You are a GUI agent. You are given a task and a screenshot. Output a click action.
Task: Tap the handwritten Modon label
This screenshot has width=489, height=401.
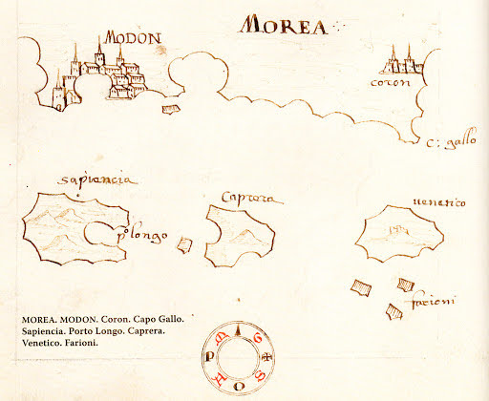click(132, 37)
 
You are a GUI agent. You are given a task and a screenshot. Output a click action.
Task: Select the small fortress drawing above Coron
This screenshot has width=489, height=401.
click(398, 61)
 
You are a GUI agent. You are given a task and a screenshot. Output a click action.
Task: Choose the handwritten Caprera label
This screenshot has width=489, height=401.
click(246, 199)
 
